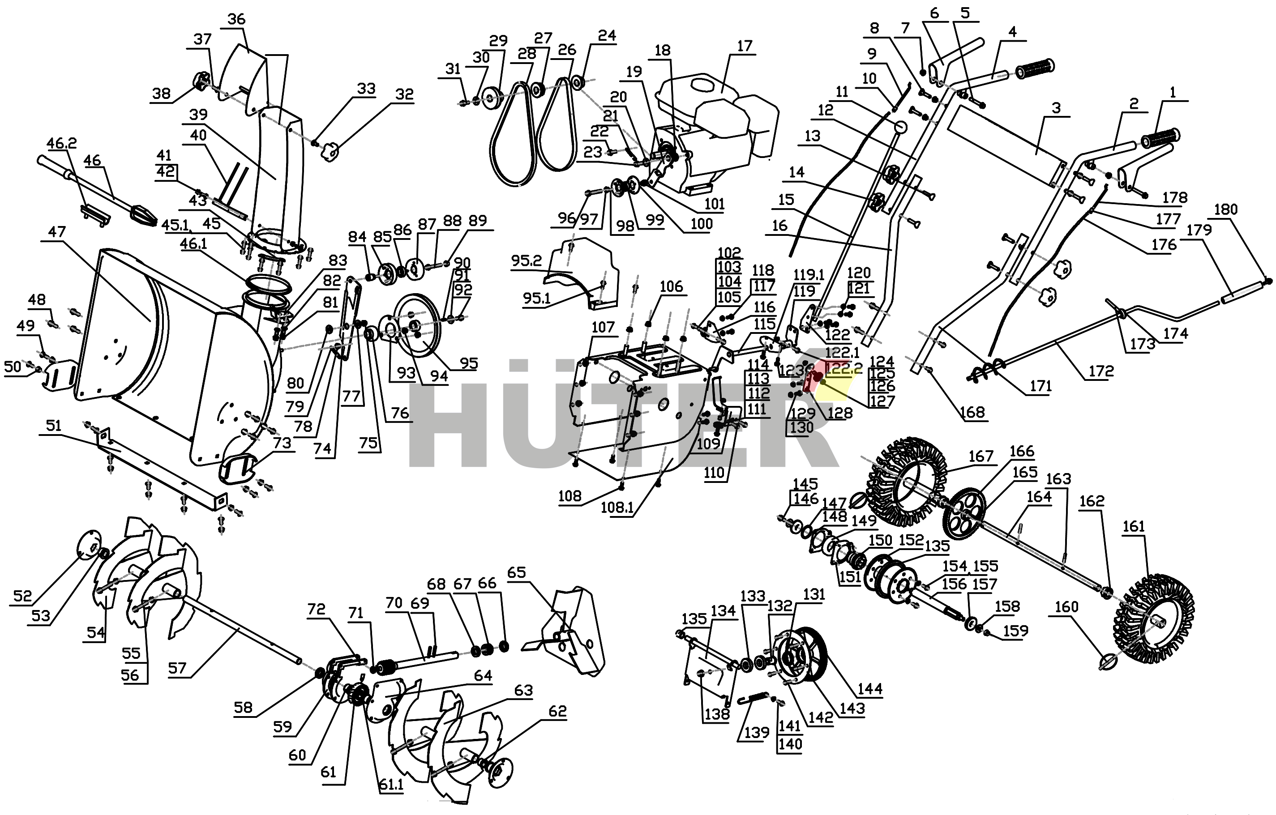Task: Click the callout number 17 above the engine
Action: coord(745,47)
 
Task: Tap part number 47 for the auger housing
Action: coord(57,232)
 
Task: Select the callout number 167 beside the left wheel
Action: coord(981,457)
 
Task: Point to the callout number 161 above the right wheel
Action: coord(1134,526)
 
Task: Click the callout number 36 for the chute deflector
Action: coord(236,20)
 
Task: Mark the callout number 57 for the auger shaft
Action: coord(177,668)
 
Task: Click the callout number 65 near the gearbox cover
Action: coord(517,572)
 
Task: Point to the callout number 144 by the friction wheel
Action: coord(870,689)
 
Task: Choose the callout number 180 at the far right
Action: coord(1226,210)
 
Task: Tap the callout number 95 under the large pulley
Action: coord(469,363)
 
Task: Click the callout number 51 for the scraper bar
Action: coord(54,426)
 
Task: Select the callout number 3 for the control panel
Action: coord(1056,108)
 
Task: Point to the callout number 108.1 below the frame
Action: coord(617,508)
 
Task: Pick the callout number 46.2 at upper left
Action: coord(61,143)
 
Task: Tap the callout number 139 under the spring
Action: coord(756,733)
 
